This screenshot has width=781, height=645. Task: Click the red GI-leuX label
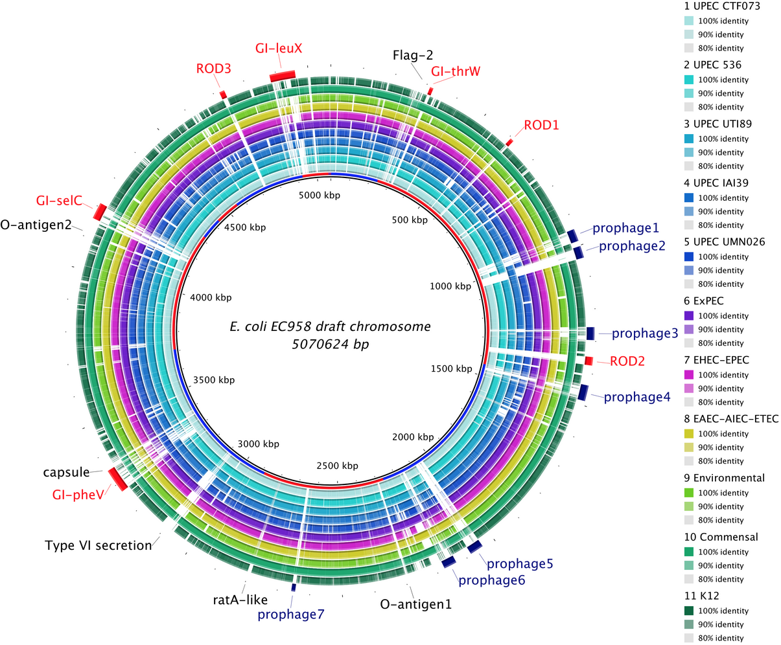(279, 49)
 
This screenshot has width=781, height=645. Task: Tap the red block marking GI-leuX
(283, 76)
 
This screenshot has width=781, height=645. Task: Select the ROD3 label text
(213, 69)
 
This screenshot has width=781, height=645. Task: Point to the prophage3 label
(645, 334)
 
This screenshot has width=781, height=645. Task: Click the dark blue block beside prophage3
(590, 334)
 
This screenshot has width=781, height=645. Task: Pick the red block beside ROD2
(589, 361)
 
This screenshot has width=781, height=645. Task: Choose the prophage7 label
(290, 614)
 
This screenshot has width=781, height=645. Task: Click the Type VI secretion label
(98, 545)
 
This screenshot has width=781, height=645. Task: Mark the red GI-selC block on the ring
(100, 212)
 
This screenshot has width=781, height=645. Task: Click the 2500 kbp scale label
(336, 466)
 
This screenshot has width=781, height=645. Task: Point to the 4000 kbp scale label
(210, 297)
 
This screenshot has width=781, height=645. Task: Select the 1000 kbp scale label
(450, 286)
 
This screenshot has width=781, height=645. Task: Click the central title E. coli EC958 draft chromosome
(330, 326)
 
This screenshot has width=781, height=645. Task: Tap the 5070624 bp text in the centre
(330, 345)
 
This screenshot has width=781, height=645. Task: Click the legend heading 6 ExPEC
(705, 301)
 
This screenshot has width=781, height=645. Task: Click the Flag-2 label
(413, 56)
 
